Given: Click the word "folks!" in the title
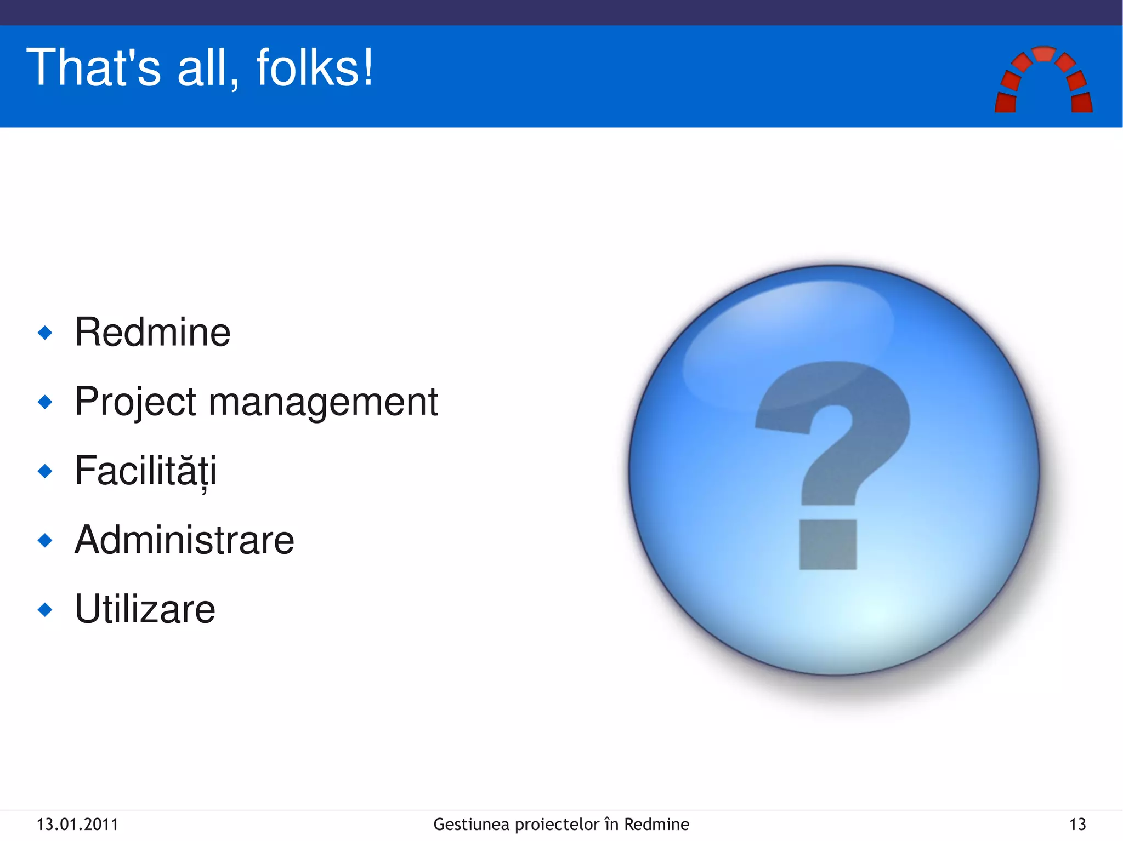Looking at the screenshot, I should (x=315, y=67).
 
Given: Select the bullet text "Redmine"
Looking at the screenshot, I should (x=152, y=332).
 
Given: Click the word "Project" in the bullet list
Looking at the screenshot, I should (x=135, y=402).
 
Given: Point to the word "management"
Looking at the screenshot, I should (x=324, y=402).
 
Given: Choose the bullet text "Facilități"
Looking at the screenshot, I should (x=146, y=471).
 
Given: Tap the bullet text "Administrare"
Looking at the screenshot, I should (x=184, y=540).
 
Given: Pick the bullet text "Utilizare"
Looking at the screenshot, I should (x=145, y=609).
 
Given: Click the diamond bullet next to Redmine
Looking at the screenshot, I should (x=45, y=333).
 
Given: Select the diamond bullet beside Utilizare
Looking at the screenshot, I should (x=45, y=609).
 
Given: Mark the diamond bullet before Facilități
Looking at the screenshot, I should (x=45, y=471).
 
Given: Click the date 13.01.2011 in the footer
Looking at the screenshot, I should (x=77, y=825).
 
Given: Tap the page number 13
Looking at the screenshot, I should (x=1077, y=825).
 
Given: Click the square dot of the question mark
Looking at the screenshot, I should (x=828, y=545).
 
